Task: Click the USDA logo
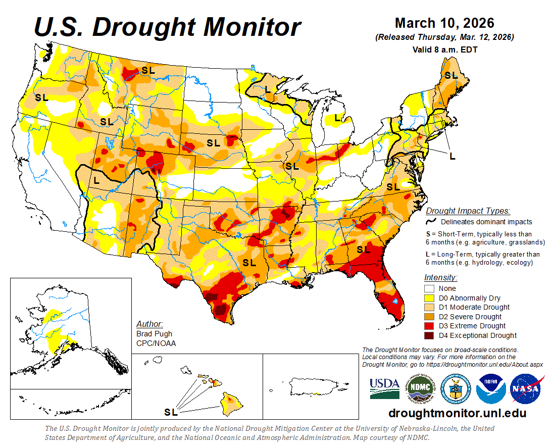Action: pyautogui.click(x=384, y=387)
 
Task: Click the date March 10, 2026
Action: pyautogui.click(x=444, y=23)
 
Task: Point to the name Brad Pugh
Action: pyautogui.click(x=154, y=334)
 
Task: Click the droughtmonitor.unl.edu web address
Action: pyautogui.click(x=457, y=413)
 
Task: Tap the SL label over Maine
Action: pyautogui.click(x=450, y=75)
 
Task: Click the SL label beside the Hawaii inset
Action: pyautogui.click(x=171, y=412)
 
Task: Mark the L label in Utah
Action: pyautogui.click(x=96, y=179)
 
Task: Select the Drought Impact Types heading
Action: pyautogui.click(x=467, y=211)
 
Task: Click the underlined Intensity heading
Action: pyautogui.click(x=440, y=277)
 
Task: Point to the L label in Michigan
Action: pyautogui.click(x=337, y=118)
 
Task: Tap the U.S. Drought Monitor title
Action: pyautogui.click(x=167, y=27)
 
